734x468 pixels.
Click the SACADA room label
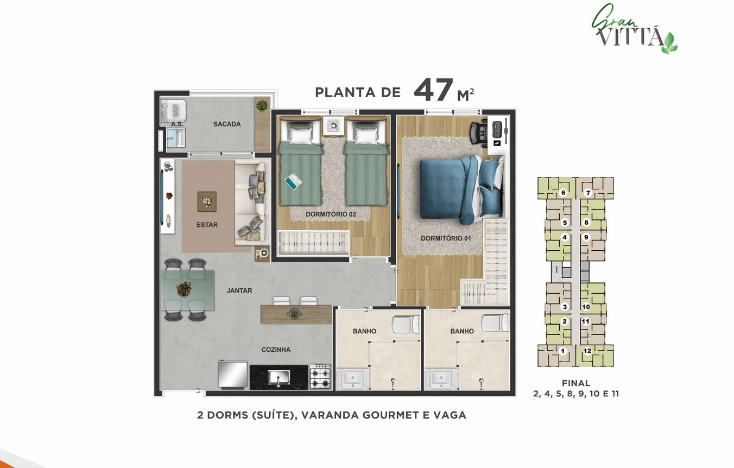(227, 124)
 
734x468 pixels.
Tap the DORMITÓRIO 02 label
(331, 214)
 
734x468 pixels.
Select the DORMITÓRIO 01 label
(446, 238)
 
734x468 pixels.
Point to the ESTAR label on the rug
(207, 225)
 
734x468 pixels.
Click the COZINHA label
(276, 350)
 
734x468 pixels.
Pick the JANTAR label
(239, 290)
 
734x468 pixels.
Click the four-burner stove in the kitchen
(320, 376)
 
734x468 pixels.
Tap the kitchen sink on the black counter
(279, 377)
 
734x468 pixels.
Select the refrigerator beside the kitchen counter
(233, 375)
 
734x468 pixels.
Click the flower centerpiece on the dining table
(185, 289)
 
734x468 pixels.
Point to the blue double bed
(462, 188)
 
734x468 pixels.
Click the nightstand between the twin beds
(333, 125)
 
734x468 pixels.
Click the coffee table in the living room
(207, 201)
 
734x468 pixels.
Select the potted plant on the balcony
(262, 105)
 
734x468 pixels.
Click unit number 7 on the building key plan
(588, 193)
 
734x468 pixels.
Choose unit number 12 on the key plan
(587, 351)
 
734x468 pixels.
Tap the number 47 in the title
(433, 90)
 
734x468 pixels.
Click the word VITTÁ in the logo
(630, 37)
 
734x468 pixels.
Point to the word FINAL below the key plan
(575, 383)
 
